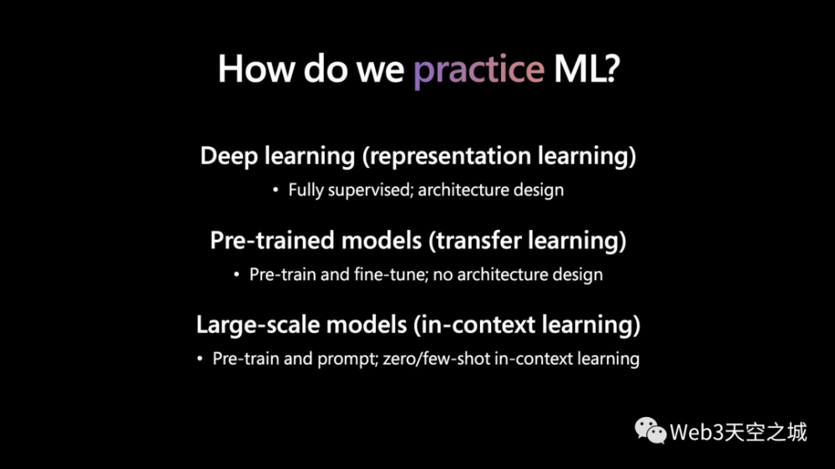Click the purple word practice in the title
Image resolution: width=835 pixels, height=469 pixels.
pos(478,70)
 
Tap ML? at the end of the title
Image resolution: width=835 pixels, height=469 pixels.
pos(587,69)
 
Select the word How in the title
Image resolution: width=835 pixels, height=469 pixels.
pos(256,69)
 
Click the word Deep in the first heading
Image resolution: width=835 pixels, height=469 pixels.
pos(229,156)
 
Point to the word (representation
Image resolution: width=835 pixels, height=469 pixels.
pos(447,156)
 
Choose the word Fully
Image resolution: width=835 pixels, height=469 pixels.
pos(306,191)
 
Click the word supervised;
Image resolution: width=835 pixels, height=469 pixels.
pos(371,191)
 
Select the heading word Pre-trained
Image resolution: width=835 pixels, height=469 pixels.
pos(272,241)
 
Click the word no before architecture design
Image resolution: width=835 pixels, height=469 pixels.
pos(443,275)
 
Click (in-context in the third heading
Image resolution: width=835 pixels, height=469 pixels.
pos(474,324)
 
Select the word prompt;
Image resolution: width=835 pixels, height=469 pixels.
pos(347,359)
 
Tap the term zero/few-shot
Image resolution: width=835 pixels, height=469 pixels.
pos(436,359)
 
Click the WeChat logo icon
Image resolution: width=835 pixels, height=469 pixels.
pos(650,431)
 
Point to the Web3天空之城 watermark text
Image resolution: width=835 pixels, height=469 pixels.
pos(738,432)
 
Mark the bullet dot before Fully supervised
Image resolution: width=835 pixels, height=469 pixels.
pos(276,190)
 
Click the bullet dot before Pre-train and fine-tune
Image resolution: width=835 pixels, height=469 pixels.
pos(236,274)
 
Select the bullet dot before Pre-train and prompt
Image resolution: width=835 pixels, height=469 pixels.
pos(200,359)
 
